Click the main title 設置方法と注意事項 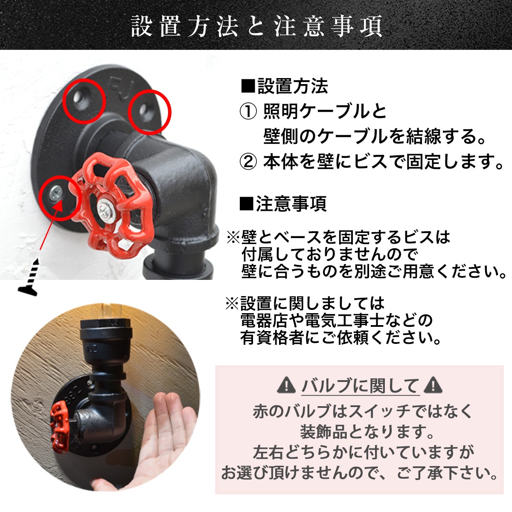(x=256, y=26)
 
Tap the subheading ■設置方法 (x=285, y=87)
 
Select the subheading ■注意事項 (x=283, y=204)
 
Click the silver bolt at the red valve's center (x=105, y=209)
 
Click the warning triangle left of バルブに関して (x=286, y=386)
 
